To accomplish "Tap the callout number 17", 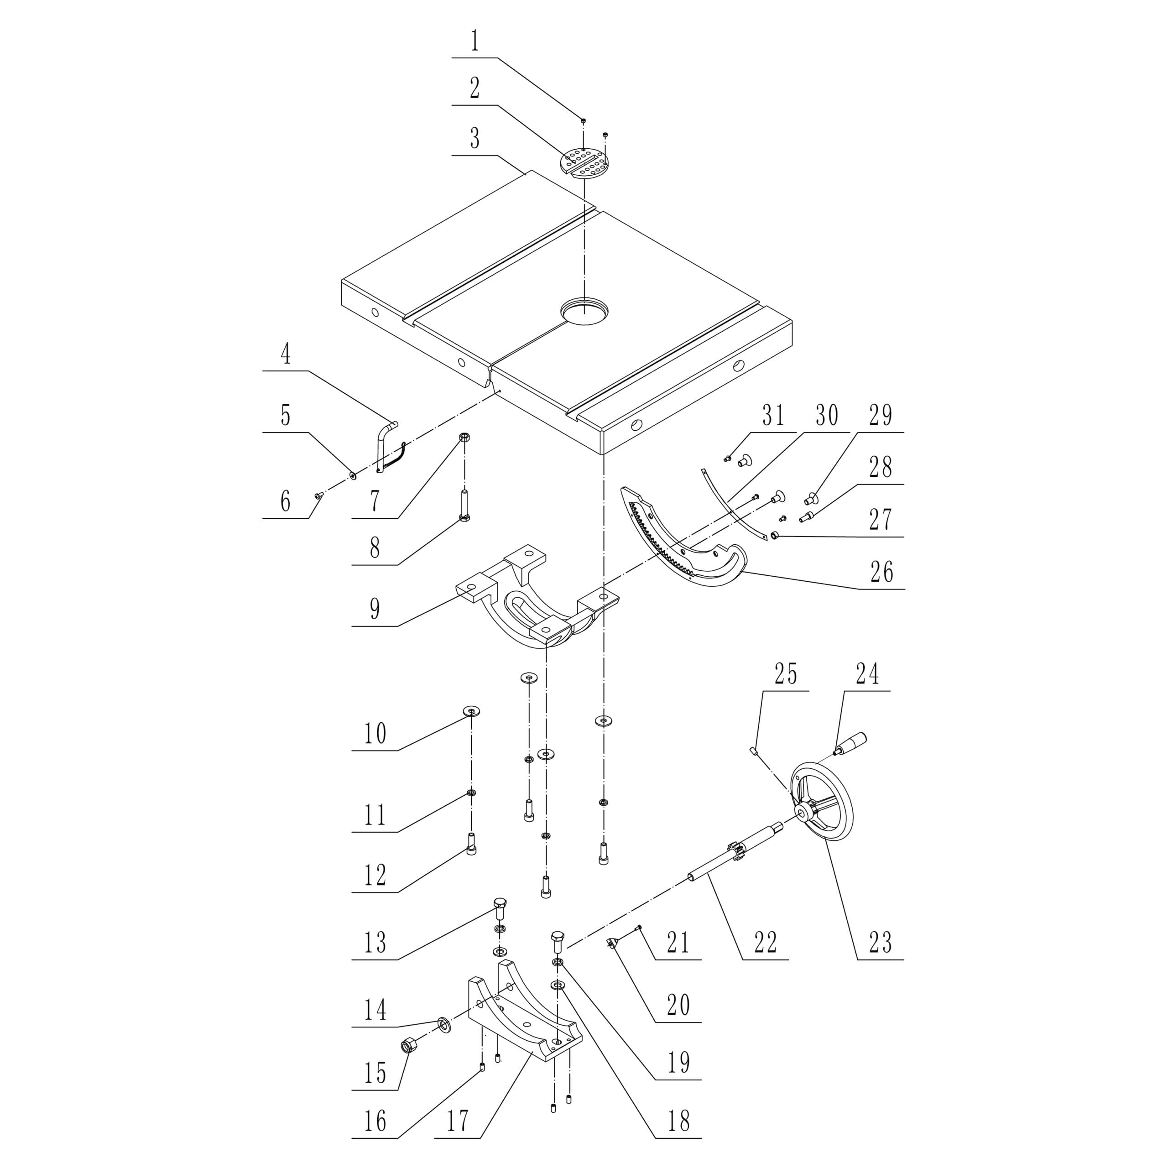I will coord(457,1121).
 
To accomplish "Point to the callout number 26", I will coord(881,572).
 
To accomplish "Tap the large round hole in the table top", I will coord(584,311).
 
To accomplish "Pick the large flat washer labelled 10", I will coord(471,711).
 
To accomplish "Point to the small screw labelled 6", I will coord(318,496).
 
